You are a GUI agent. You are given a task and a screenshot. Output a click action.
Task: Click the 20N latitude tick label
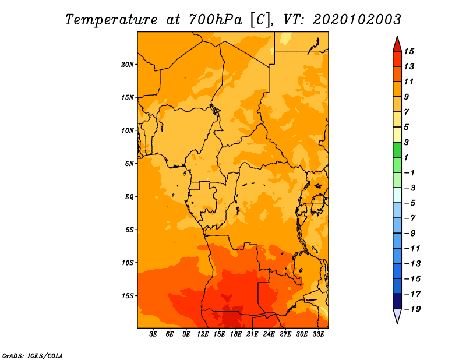[127, 65]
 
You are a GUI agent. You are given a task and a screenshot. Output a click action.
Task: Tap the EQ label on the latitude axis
[129, 197]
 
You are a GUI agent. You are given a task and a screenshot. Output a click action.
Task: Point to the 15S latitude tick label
[127, 296]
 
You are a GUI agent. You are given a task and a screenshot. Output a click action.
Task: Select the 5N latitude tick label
[129, 164]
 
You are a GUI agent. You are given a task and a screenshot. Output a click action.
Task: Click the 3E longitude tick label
[153, 334]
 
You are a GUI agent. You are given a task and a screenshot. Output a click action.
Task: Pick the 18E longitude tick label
[236, 334]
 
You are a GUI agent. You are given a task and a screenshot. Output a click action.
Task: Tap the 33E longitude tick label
[318, 334]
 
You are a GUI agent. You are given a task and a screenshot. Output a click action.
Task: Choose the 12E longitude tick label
[203, 334]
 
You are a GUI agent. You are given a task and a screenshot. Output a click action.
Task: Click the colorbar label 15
[409, 51]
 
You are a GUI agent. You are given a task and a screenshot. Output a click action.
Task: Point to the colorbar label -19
[412, 309]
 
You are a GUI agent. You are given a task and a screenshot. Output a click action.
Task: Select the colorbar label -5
[411, 203]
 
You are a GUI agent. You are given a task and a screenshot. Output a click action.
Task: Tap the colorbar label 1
[406, 157]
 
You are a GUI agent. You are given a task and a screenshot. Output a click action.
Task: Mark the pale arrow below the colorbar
[397, 316]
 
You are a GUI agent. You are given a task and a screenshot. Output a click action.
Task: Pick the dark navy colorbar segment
[397, 301]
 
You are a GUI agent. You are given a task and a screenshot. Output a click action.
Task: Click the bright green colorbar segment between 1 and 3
[397, 150]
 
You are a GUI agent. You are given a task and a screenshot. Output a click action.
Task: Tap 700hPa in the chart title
[215, 20]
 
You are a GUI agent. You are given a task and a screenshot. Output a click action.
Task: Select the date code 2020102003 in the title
[357, 20]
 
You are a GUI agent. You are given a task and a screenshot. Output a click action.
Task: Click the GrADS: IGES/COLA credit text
[33, 355]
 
